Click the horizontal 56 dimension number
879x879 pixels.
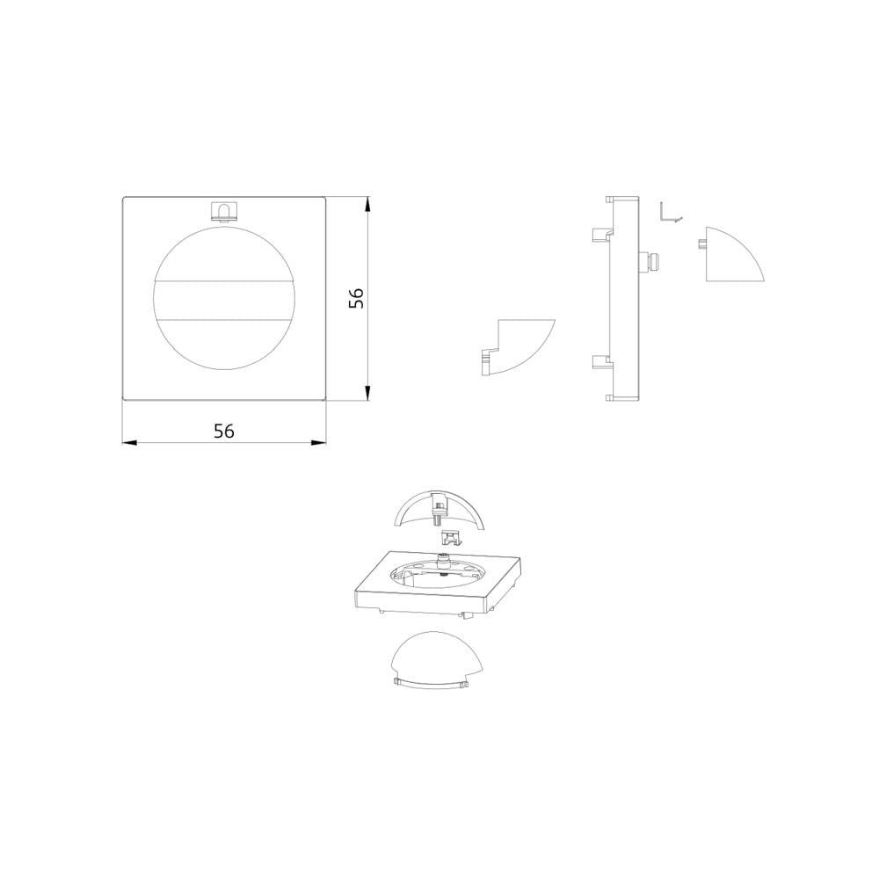coord(223,431)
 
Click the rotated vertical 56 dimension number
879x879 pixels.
coord(357,298)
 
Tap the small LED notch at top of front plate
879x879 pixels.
coord(222,211)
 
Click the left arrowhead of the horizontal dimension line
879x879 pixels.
coord(130,443)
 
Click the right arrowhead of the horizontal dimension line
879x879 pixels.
coord(318,443)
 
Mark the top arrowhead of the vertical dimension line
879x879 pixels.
coord(367,204)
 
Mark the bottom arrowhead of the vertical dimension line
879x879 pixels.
coord(367,393)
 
